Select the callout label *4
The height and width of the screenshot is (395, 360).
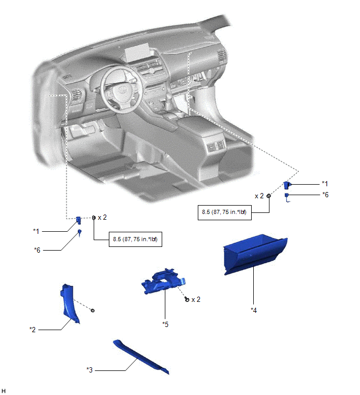pos(254,310)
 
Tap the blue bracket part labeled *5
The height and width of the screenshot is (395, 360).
pos(164,281)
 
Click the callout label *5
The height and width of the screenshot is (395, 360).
pos(165,324)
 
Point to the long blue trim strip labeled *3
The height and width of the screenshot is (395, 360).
pos(141,357)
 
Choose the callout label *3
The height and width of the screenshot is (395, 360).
pos(89,370)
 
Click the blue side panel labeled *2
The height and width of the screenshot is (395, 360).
pos(70,303)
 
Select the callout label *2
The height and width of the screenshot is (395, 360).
pos(32,329)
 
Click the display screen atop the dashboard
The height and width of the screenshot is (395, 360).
pos(136,52)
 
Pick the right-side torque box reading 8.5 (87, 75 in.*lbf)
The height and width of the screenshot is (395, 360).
pos(224,212)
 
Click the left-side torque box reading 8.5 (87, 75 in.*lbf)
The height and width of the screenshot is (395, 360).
pos(136,239)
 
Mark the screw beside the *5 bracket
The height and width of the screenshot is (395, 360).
pos(187,299)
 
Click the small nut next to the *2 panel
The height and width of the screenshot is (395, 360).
pos(93,310)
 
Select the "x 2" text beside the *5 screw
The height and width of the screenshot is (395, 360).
pos(196,299)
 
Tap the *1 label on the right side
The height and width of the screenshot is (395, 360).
pos(325,184)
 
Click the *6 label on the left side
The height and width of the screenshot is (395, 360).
pos(37,250)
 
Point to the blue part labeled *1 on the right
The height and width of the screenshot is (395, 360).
pos(287,185)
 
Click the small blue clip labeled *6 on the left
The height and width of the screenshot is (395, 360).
pos(80,233)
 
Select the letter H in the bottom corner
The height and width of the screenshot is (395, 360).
pos(4,391)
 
